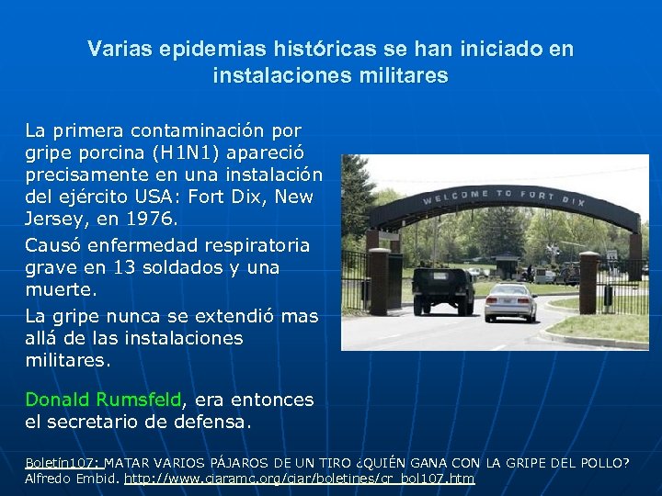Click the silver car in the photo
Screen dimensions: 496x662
[510, 300]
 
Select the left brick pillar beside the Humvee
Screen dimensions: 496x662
[379, 281]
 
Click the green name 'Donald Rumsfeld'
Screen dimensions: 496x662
[104, 400]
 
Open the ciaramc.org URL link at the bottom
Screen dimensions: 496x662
[299, 479]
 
